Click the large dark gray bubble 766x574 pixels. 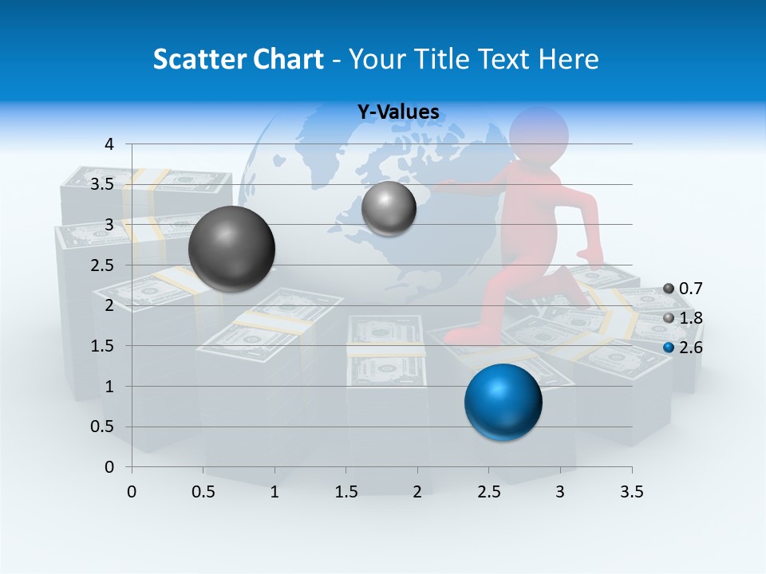click(x=231, y=249)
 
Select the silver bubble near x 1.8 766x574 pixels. click(x=389, y=208)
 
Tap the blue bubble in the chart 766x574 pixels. click(x=503, y=402)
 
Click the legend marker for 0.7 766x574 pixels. click(x=669, y=289)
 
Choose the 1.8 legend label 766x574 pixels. click(x=690, y=318)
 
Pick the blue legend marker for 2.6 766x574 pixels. click(x=669, y=348)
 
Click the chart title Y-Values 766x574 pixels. click(x=397, y=112)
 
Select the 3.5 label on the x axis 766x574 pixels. click(x=631, y=491)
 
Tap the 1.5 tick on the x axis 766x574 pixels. click(x=345, y=491)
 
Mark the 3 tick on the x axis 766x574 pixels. click(x=560, y=491)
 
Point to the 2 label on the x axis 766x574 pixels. click(x=417, y=491)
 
